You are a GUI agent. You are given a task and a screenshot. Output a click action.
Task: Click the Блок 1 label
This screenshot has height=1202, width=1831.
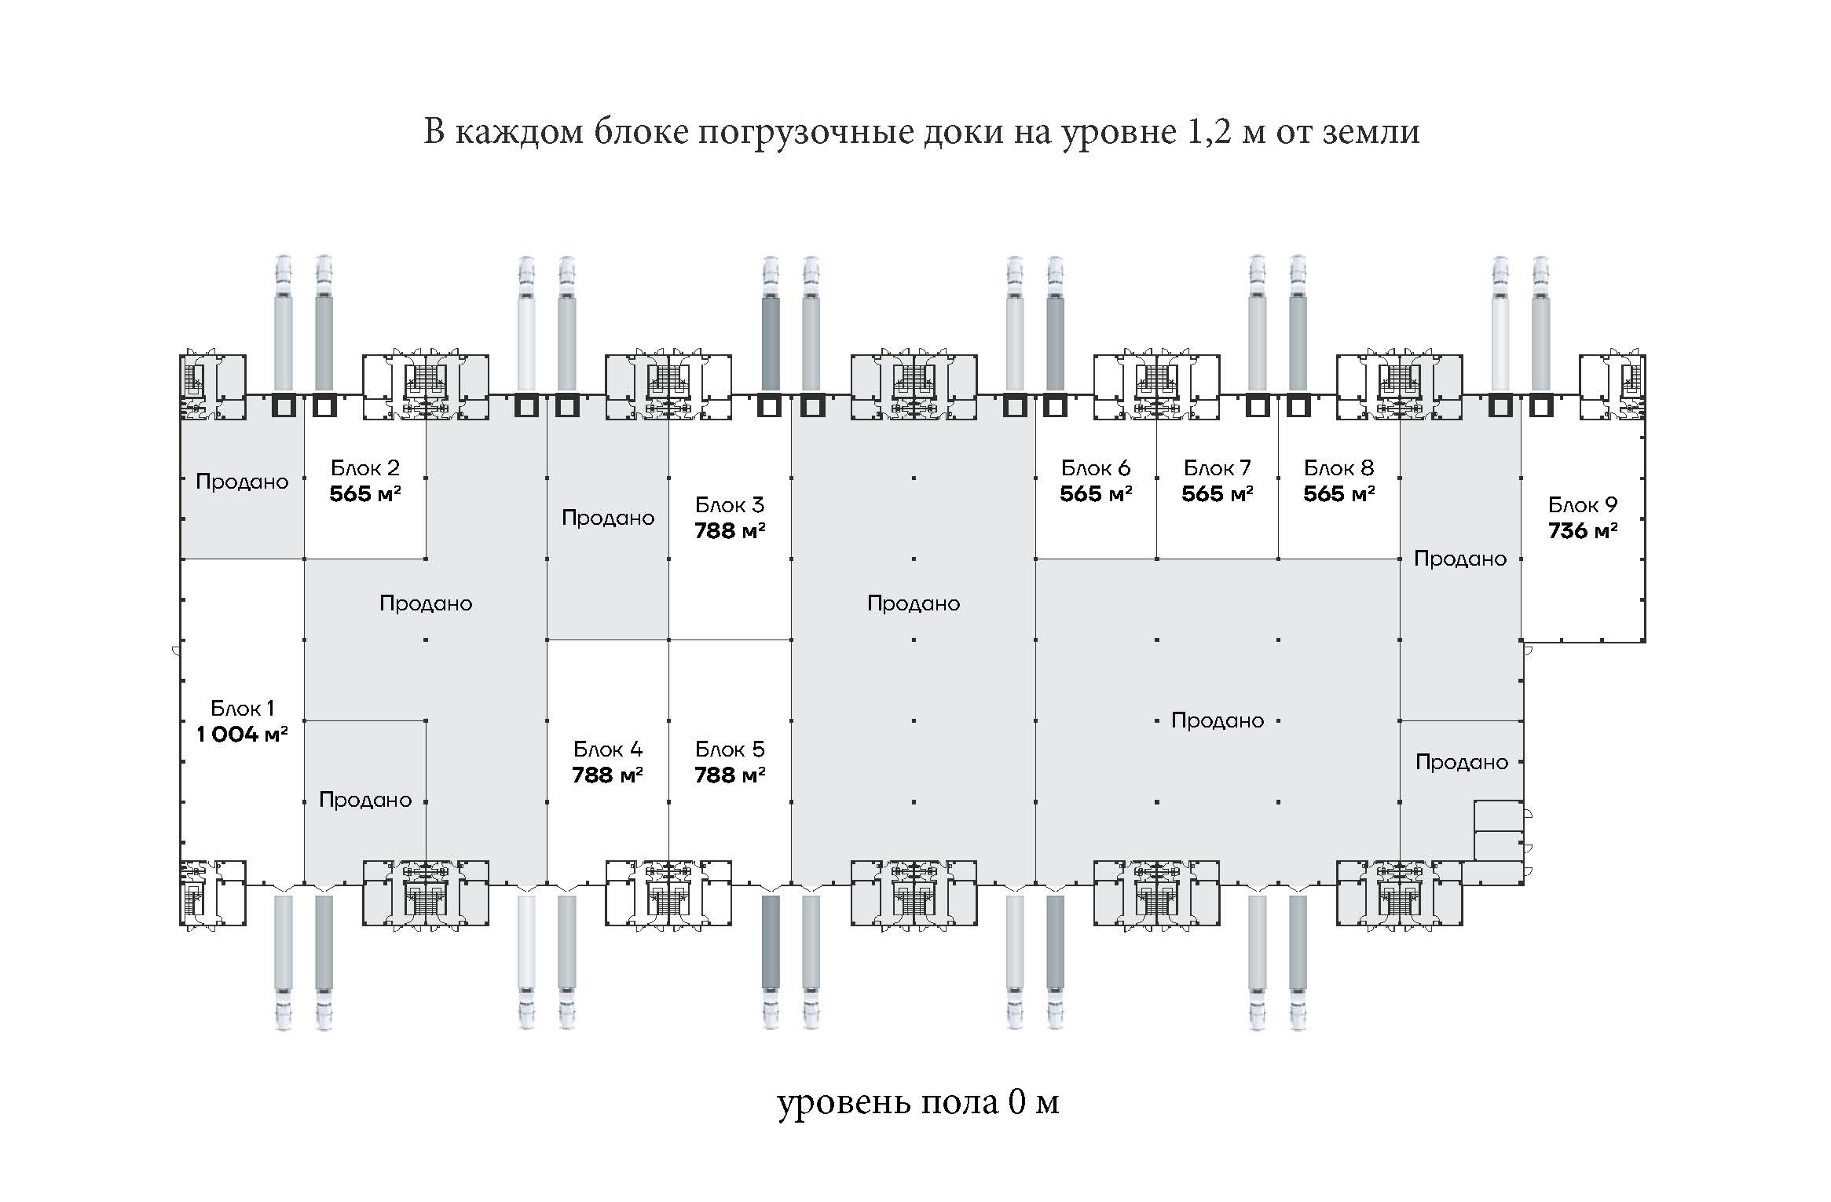[x=243, y=708]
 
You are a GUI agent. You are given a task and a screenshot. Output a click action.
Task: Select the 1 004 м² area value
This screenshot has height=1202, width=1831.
[x=242, y=735]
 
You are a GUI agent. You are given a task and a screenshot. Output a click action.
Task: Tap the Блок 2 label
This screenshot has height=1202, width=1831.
[x=365, y=468]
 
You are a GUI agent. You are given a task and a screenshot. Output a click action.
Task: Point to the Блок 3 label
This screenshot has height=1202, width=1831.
[x=730, y=504]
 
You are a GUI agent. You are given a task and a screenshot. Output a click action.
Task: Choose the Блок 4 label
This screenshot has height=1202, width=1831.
[x=607, y=749]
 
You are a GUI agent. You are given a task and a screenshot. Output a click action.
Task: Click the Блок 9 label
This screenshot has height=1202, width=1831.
[x=1583, y=504]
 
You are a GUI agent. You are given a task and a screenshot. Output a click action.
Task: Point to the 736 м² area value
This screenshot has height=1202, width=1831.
[x=1583, y=531]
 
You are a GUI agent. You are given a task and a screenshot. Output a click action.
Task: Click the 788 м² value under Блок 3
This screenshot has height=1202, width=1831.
[x=730, y=531]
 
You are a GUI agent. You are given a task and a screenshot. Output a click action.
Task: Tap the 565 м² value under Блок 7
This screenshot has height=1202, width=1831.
[x=1217, y=494]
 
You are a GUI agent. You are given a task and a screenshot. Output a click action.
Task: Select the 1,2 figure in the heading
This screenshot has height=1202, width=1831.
[x=1205, y=132]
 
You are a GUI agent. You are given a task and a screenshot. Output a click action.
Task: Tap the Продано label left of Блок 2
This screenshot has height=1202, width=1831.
[x=242, y=482]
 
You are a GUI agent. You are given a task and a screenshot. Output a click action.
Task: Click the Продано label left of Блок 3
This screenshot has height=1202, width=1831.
[x=608, y=518]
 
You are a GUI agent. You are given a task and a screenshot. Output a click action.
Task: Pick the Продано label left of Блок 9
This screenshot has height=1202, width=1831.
[x=1460, y=559]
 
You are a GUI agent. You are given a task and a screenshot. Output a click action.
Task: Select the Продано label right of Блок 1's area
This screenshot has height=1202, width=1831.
[x=365, y=800]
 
